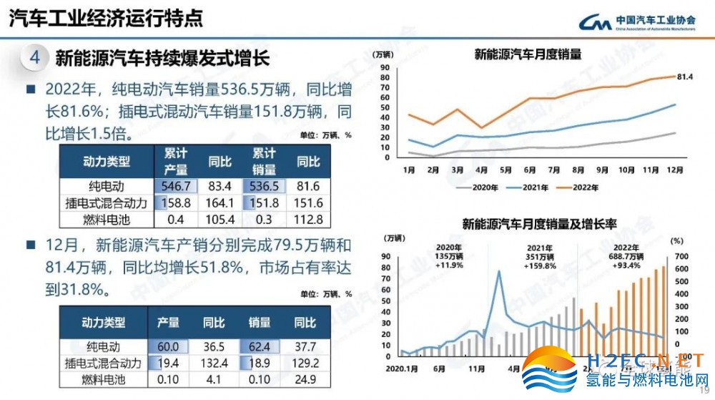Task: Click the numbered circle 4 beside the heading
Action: [x=34, y=58]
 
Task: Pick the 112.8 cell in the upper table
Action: [x=309, y=220]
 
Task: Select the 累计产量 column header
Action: [x=176, y=162]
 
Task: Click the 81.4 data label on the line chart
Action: [x=685, y=77]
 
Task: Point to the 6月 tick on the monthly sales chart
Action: [x=530, y=170]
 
